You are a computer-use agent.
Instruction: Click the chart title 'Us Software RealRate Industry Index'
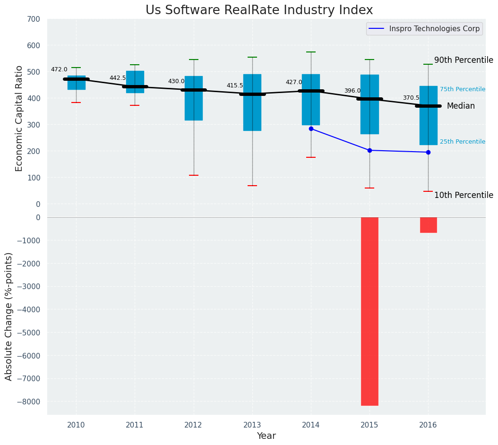pos(259,10)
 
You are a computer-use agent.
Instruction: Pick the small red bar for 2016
pos(428,225)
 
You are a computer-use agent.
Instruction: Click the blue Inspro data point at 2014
pos(311,128)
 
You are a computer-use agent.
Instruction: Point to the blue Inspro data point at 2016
pos(428,152)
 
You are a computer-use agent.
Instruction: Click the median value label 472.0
pos(59,69)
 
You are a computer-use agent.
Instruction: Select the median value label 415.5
pos(235,86)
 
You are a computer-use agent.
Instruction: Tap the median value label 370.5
pos(411,98)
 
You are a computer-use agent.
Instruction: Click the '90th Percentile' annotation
pos(464,60)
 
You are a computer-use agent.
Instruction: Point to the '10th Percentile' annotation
pos(464,195)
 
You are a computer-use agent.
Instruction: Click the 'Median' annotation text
pos(461,106)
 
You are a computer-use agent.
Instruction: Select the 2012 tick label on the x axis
pos(193,425)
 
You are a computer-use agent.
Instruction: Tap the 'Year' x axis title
pos(266,436)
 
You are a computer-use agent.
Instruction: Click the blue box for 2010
pos(76,83)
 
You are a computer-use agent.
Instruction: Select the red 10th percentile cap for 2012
pos(193,175)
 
